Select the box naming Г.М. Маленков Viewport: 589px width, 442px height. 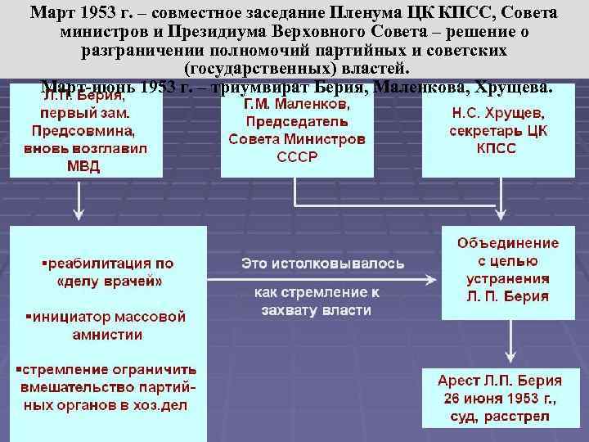(296, 131)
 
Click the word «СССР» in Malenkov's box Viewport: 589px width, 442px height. (296, 156)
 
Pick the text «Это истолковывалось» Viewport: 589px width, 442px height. (321, 264)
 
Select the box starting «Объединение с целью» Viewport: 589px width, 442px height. (507, 270)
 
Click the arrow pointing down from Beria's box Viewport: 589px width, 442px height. (79, 201)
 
